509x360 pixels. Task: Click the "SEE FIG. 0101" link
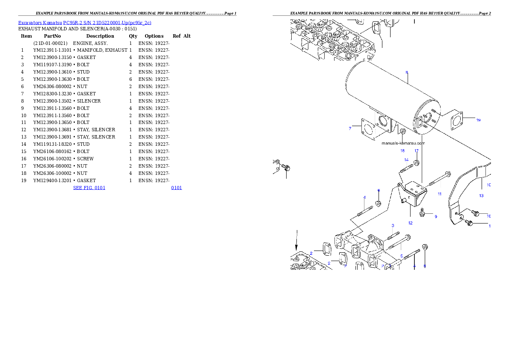[89, 187]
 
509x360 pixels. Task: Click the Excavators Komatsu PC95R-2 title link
[84, 23]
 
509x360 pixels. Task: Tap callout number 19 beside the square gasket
[478, 120]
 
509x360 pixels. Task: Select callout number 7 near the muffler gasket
[349, 128]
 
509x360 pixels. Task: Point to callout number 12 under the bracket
[410, 223]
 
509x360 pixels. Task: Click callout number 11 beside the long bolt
[439, 194]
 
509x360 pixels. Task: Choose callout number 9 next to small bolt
[436, 217]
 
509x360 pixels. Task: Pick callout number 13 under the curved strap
[481, 196]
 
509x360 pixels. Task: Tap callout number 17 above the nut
[416, 151]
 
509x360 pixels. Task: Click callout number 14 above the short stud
[406, 160]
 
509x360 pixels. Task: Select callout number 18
[402, 150]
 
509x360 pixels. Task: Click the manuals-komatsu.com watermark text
[403, 144]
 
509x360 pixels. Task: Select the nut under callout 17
[417, 162]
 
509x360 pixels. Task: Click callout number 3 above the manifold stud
[393, 225]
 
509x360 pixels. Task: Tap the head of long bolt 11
[447, 174]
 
